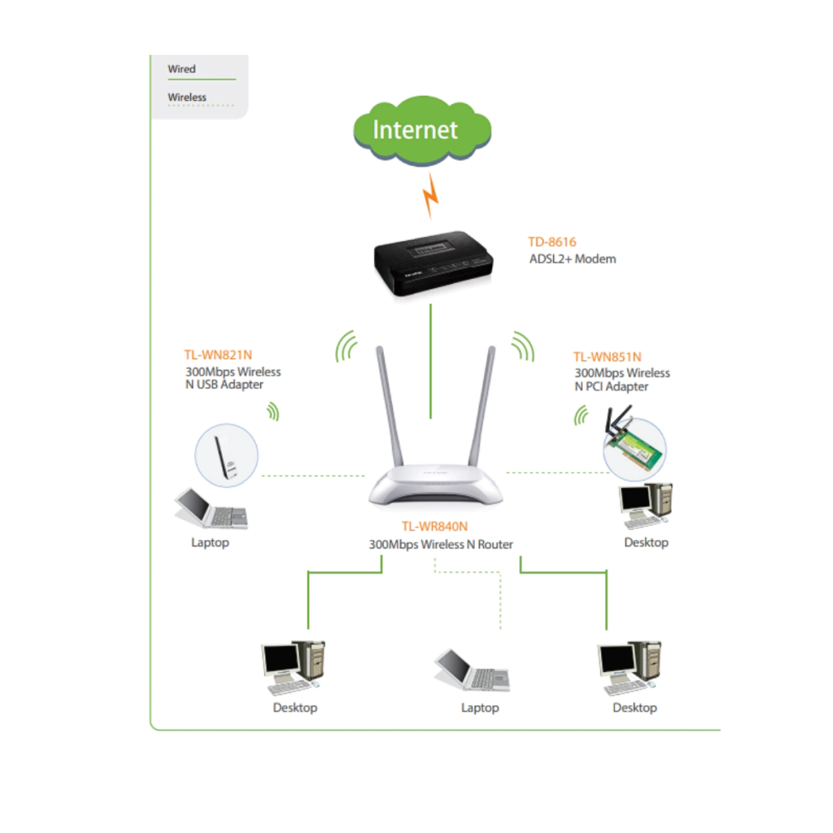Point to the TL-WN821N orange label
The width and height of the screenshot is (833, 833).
[218, 355]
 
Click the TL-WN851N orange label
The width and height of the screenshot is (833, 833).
[607, 356]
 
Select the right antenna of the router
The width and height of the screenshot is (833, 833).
[486, 407]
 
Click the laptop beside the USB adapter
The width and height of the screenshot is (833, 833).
[210, 508]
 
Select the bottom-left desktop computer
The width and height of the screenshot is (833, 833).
[294, 667]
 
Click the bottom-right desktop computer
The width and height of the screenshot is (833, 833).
[629, 667]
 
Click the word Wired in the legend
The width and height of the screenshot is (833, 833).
[181, 69]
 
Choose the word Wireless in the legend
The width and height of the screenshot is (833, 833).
[187, 97]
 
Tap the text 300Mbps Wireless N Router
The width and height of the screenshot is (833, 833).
[441, 544]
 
